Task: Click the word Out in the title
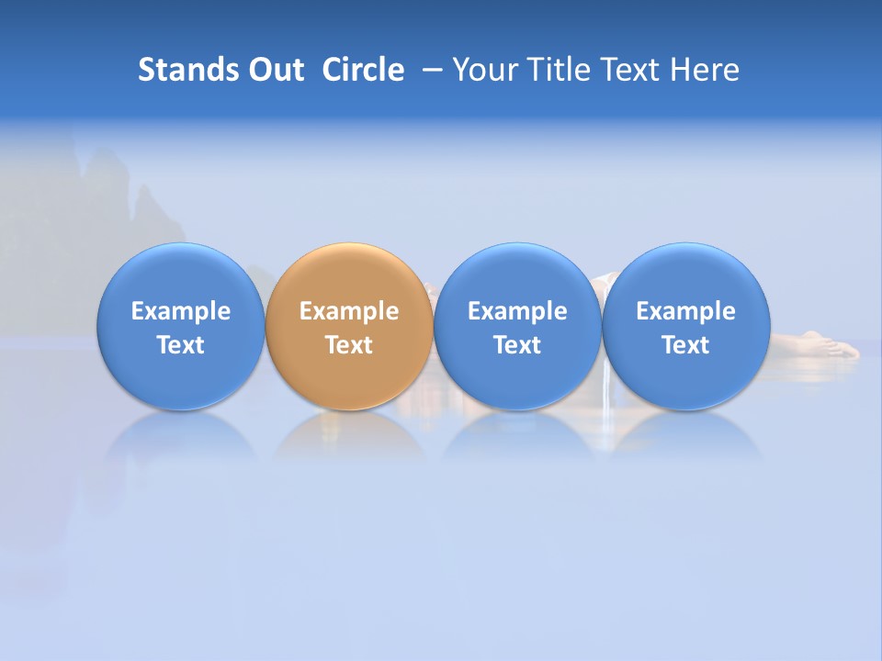coord(274,70)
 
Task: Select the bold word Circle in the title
coord(363,70)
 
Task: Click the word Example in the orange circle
coord(349,311)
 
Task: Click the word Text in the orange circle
coord(349,345)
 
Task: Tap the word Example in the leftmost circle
coord(181,311)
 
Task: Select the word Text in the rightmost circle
coord(685,345)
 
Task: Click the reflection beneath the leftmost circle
coord(181,441)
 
